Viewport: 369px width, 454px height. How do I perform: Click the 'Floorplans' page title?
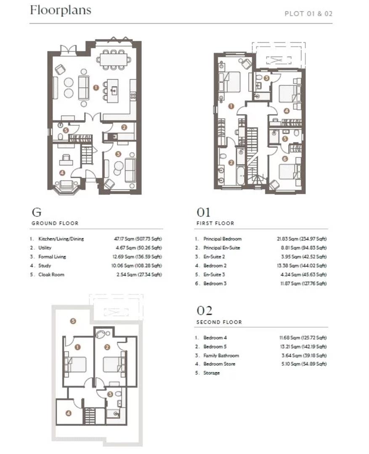coord(61,10)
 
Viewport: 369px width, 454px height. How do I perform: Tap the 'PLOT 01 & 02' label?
coord(308,13)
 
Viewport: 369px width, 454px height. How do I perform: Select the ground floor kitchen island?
coord(113,91)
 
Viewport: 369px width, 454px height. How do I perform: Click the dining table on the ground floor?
coord(113,60)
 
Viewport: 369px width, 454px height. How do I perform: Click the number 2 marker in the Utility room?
coord(124,127)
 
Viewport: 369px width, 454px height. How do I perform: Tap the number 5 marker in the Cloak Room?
coord(66,130)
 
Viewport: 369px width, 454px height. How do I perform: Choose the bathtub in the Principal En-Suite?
coord(241,175)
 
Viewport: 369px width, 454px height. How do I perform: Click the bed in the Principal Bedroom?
coord(230,82)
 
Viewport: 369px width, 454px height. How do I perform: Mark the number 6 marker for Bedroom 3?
coord(285,158)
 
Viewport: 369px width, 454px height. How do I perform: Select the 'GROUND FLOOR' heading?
coord(55,223)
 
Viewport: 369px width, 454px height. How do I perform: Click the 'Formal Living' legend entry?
coord(52,256)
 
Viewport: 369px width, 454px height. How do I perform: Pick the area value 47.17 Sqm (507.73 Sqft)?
coord(138,239)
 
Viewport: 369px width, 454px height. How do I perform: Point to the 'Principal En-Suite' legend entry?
coord(222,248)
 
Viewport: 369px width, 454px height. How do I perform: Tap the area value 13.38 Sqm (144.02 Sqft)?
coord(302,266)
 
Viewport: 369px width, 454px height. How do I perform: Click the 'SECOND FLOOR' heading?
coord(219,322)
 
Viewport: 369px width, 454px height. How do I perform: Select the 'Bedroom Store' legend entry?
coord(219,364)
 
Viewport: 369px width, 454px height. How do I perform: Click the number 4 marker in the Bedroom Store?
coord(69,413)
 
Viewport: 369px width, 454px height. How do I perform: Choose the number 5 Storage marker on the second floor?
coord(73,321)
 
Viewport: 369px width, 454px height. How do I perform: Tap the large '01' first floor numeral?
coord(204,213)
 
